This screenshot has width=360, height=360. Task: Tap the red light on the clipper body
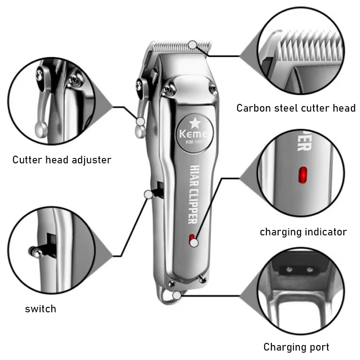pos(191,239)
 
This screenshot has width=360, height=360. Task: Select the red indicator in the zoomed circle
pos(302,175)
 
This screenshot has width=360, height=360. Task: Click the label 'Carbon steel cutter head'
pos(296,108)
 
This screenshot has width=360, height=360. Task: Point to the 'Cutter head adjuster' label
pos(62,160)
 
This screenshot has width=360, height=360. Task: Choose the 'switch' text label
pos(40,309)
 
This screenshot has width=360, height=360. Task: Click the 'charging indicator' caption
pos(303,232)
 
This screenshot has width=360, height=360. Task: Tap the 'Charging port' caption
pos(297,347)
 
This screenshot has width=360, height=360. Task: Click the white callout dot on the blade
pos(193,45)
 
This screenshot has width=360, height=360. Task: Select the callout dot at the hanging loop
pos(177,296)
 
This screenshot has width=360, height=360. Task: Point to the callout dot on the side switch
pos(148,194)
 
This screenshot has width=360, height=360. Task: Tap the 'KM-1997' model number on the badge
pos(195,142)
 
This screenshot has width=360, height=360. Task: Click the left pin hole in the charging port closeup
pos(289,269)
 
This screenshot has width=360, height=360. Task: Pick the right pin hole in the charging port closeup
pos(310,269)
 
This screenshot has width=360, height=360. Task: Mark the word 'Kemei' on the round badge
pos(193,134)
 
